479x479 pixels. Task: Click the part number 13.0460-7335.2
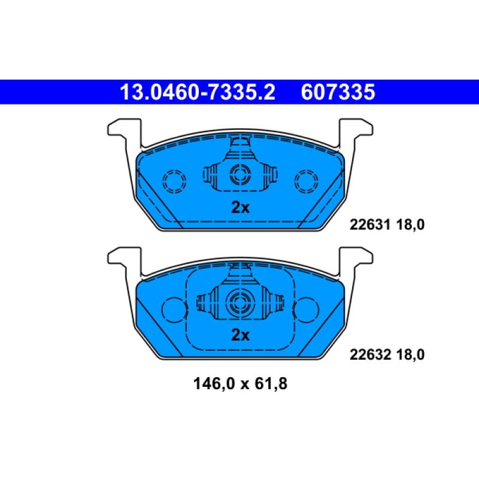(197, 93)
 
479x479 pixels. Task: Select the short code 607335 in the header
(338, 93)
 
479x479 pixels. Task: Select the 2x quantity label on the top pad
(240, 207)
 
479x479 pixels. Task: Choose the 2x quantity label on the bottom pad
(240, 335)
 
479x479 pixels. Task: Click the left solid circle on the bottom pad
(174, 308)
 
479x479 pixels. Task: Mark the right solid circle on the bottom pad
(307, 308)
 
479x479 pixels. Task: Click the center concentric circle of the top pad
(241, 175)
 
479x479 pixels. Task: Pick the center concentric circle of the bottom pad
(241, 304)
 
